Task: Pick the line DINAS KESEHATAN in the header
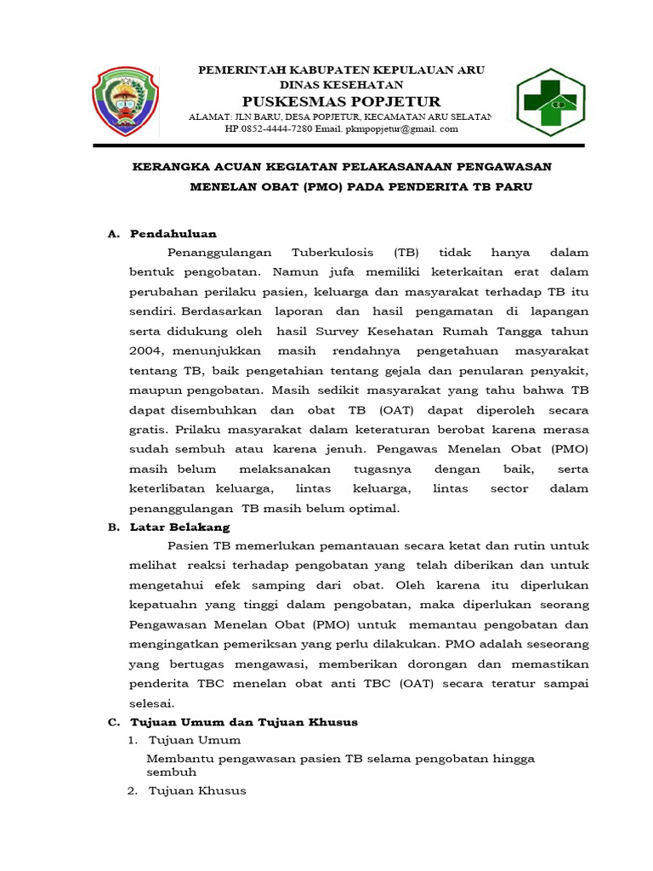[341, 85]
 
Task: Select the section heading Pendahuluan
[173, 233]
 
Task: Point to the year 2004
[146, 350]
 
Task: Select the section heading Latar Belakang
[179, 527]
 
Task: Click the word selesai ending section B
[151, 703]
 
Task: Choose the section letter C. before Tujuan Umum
[113, 721]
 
